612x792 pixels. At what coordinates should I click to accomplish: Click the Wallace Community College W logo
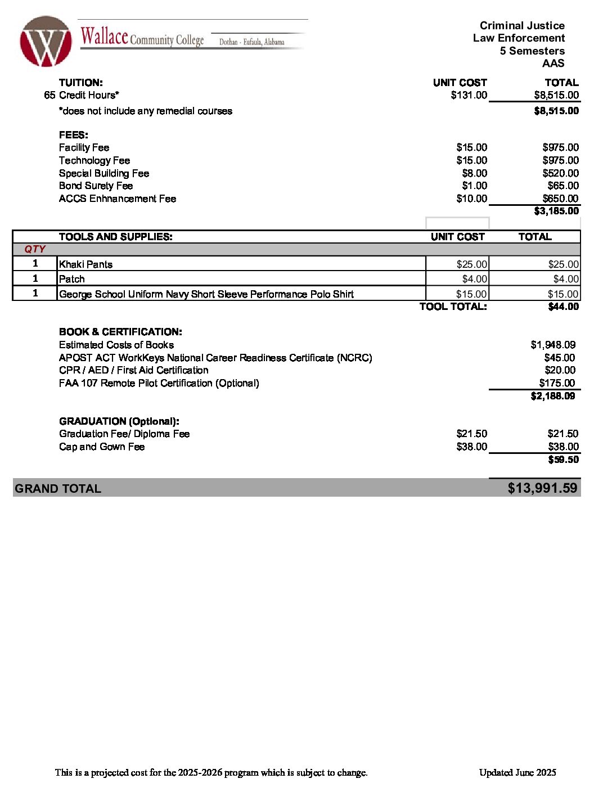[x=46, y=42]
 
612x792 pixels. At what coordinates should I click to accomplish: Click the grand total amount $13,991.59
[x=542, y=488]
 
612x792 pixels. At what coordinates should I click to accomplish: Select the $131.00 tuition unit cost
[x=469, y=95]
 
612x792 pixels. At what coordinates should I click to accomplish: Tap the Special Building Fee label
[x=104, y=173]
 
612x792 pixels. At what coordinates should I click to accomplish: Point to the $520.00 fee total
[x=560, y=173]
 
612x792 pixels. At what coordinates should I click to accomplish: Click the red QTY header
[x=35, y=249]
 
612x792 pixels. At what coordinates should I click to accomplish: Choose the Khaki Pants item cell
[x=85, y=264]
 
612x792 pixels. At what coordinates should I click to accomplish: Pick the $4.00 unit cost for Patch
[x=474, y=279]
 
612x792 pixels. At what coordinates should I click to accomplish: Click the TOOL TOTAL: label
[x=453, y=307]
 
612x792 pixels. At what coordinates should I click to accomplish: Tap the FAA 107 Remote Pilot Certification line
[x=159, y=383]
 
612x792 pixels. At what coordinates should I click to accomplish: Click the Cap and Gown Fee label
[x=102, y=447]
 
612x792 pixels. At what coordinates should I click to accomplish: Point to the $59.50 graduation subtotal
[x=563, y=460]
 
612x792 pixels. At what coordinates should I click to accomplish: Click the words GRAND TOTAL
[x=58, y=488]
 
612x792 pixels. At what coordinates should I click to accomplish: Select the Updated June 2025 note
[x=517, y=772]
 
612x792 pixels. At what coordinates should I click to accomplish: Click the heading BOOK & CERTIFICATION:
[x=120, y=332]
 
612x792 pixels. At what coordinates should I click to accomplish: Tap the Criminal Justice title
[x=522, y=25]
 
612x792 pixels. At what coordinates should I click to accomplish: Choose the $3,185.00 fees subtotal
[x=556, y=211]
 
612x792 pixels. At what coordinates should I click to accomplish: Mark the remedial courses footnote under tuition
[x=145, y=111]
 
